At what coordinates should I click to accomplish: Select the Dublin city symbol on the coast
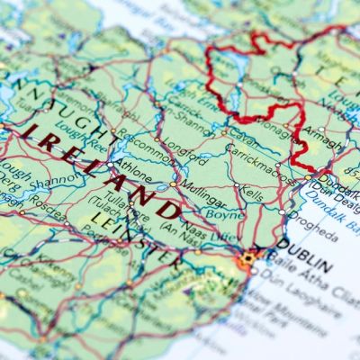coord(248,259)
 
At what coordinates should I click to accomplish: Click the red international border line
coord(214,81)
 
